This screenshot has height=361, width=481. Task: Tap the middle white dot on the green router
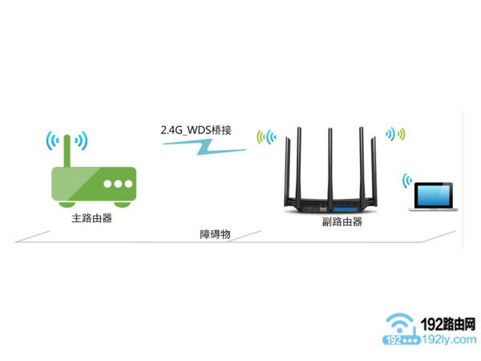coord(118,184)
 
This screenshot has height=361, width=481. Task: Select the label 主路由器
coord(91,217)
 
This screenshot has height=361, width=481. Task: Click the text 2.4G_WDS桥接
coord(196,128)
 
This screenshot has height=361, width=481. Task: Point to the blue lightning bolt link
coord(200,147)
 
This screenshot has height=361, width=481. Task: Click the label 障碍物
coord(215,233)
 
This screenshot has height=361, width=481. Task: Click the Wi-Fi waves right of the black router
coord(397,133)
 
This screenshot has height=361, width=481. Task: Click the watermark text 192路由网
coord(446,325)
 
